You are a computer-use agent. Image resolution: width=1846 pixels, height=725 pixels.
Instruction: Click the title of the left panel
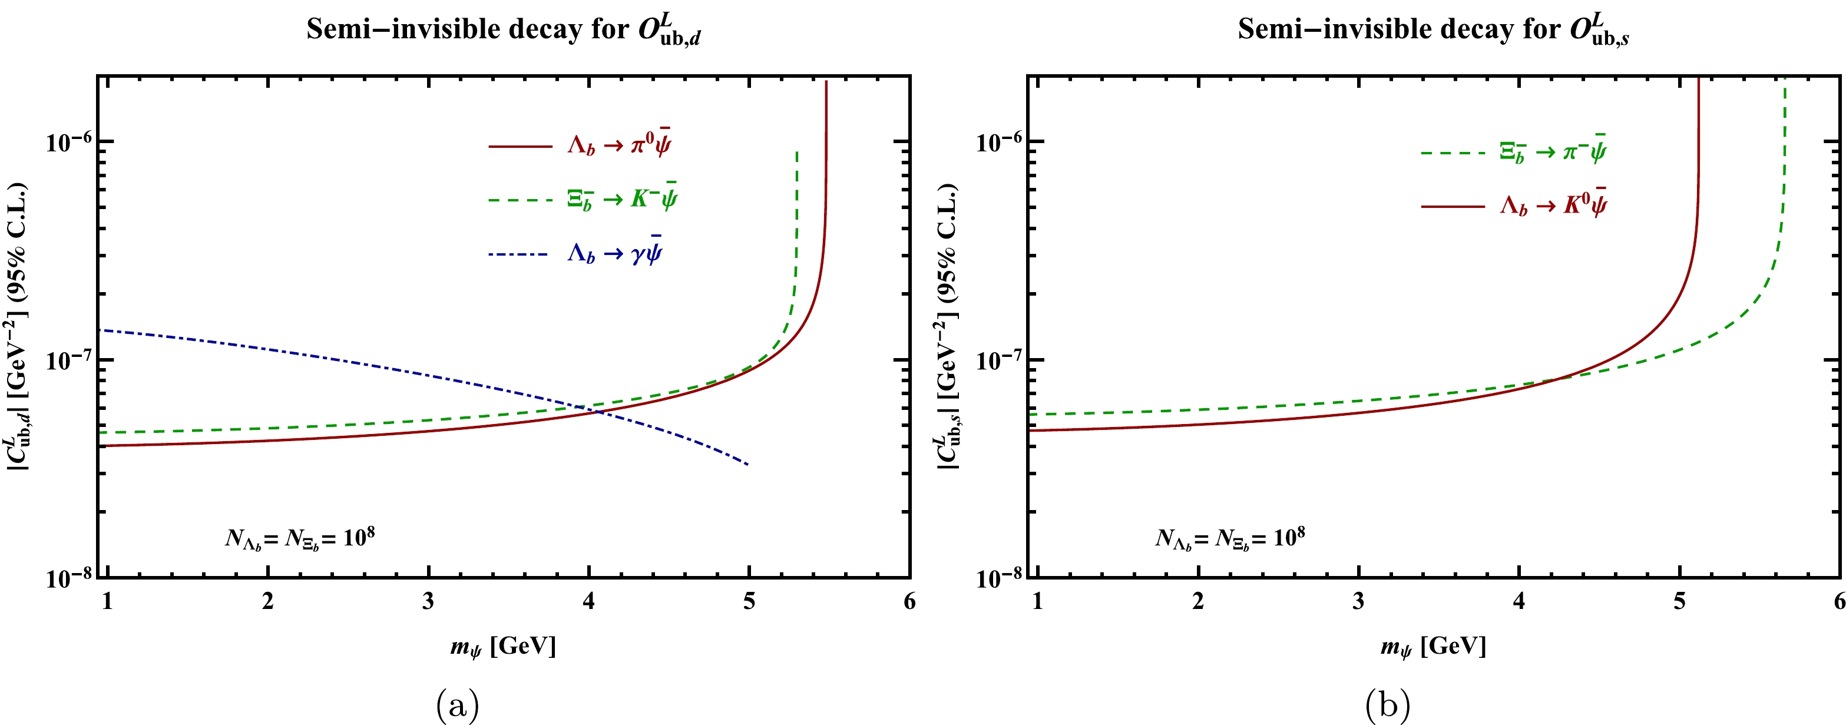pos(503,30)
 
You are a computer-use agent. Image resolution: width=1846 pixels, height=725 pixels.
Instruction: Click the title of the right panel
pos(1433,30)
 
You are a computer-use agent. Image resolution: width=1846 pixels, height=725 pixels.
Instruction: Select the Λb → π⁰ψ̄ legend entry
pos(619,145)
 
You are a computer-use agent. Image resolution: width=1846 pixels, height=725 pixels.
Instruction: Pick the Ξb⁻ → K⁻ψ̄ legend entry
pos(622,199)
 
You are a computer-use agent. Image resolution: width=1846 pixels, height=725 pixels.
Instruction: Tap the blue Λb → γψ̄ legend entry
pos(614,254)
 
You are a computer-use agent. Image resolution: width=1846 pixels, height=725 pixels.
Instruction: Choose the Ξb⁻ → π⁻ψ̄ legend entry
pos(1552,152)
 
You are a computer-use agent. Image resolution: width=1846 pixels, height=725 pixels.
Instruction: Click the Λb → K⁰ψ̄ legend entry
pos(1552,206)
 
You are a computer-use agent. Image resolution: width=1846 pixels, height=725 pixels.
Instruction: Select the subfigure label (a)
pos(457,706)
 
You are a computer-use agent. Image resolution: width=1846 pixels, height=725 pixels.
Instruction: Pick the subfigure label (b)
pos(1387,706)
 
